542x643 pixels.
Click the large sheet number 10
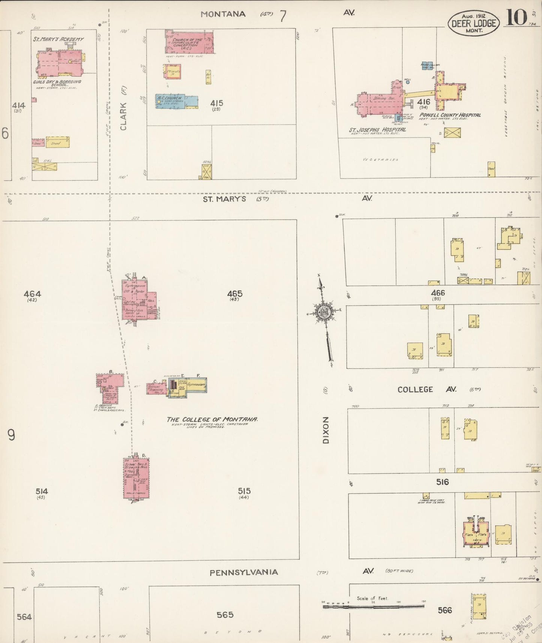click(516, 18)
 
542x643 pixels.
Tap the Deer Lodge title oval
click(474, 23)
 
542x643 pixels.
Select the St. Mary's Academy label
click(58, 39)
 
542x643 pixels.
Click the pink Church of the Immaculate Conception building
click(189, 42)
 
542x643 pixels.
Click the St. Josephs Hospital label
click(377, 130)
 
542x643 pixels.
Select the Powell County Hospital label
click(450, 115)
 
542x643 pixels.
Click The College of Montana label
click(212, 419)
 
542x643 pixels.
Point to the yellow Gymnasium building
click(197, 385)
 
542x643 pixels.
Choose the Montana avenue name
click(223, 14)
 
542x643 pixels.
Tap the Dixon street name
click(326, 430)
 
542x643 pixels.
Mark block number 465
click(235, 294)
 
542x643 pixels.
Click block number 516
click(442, 482)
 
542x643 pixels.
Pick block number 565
click(225, 614)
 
